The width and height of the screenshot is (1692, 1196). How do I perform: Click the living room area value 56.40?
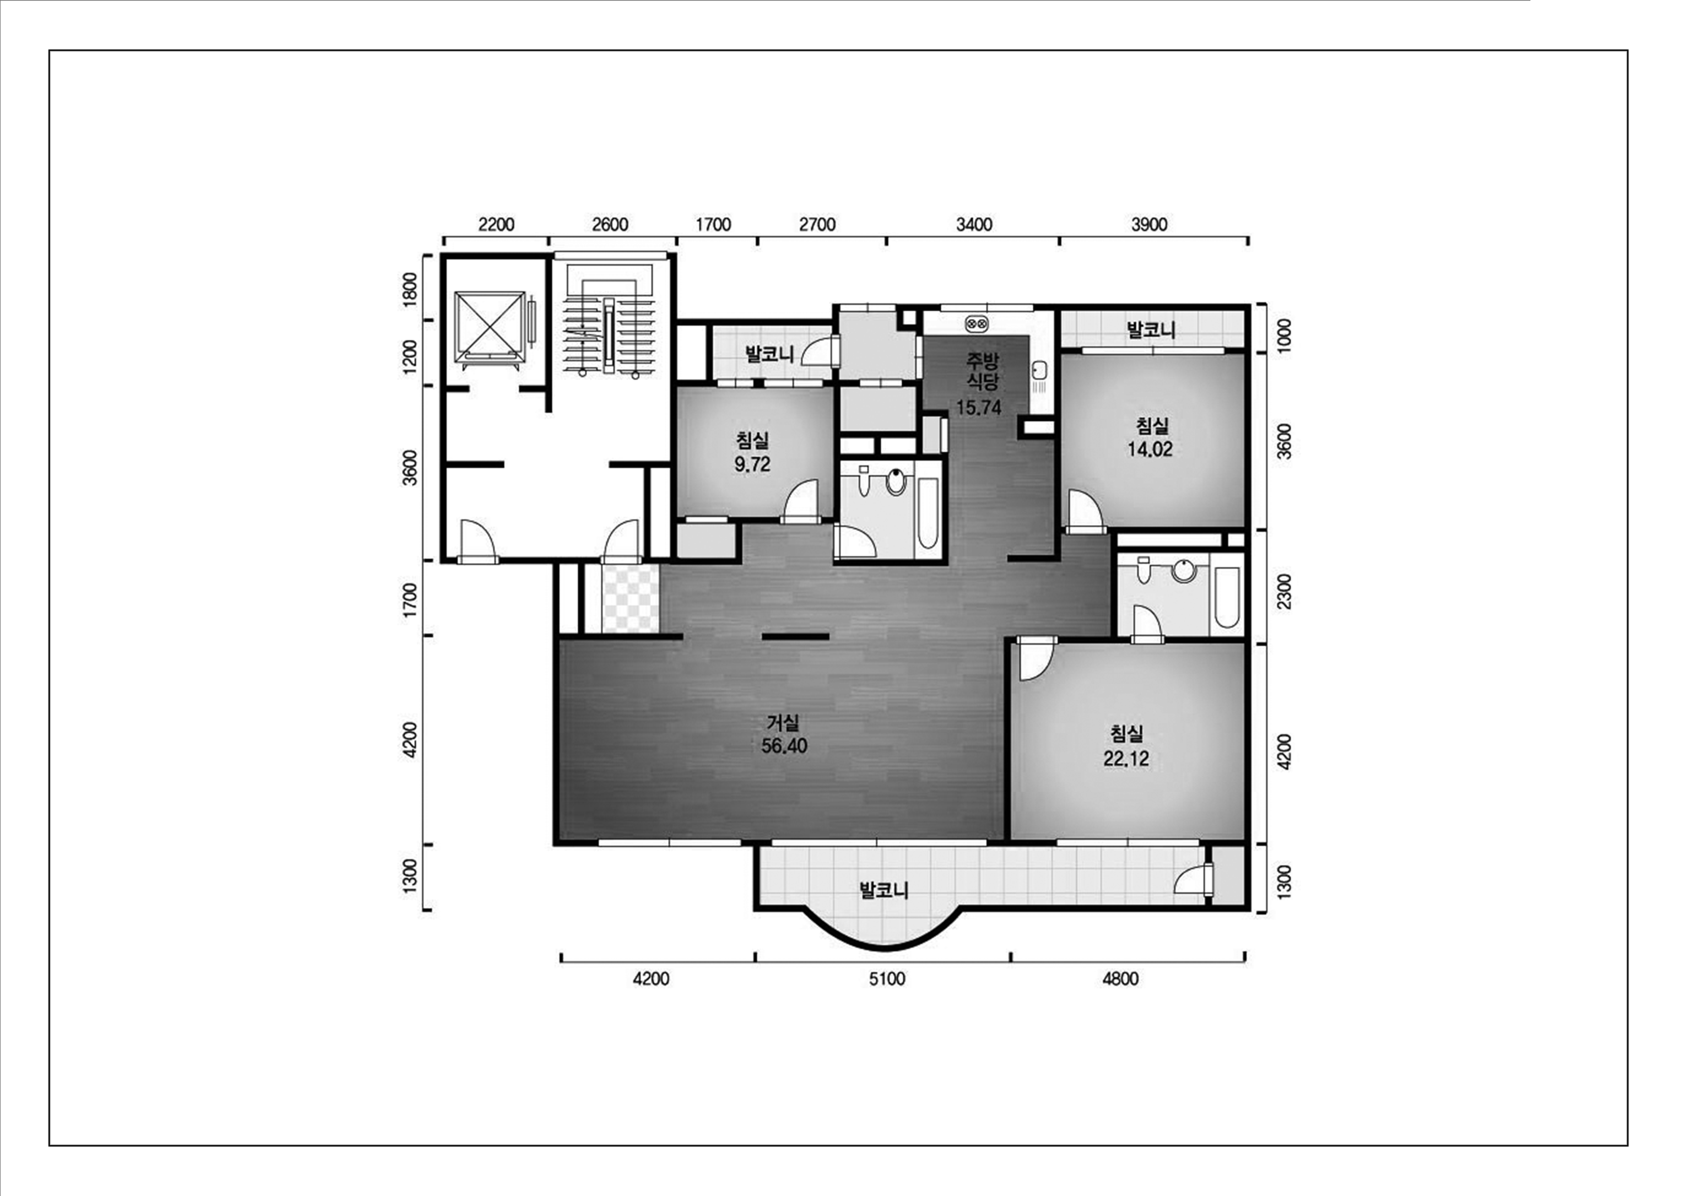tap(784, 746)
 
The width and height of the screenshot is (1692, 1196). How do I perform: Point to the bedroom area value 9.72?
tap(752, 464)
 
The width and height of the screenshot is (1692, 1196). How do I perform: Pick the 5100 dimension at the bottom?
tap(887, 980)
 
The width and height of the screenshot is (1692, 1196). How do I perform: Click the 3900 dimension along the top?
tap(1150, 225)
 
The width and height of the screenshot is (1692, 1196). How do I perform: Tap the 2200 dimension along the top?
tap(496, 225)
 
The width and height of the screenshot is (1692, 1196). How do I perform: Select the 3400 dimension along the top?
tap(974, 225)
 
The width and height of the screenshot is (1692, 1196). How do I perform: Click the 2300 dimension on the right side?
tap(1285, 592)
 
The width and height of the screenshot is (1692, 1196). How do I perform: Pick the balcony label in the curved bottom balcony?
tap(884, 890)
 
